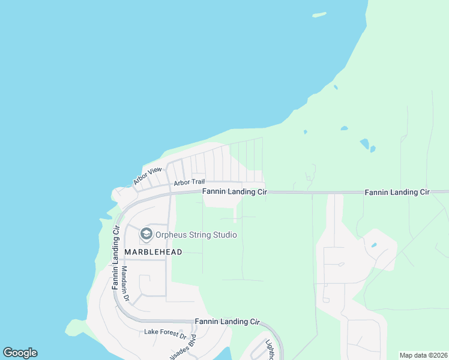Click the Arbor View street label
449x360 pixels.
148,175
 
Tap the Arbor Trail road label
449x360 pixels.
189,182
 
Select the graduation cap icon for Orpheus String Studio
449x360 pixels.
146,233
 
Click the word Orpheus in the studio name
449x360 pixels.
173,235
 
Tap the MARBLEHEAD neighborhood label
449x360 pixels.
152,252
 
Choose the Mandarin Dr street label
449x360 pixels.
125,284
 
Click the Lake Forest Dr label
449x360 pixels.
166,332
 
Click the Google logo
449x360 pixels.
20,353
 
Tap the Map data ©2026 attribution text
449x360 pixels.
424,355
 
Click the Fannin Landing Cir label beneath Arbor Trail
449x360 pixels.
234,192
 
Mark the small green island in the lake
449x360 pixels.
319,14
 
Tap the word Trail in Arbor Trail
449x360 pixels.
197,182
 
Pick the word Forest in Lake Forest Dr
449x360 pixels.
168,332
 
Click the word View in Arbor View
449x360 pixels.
155,172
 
